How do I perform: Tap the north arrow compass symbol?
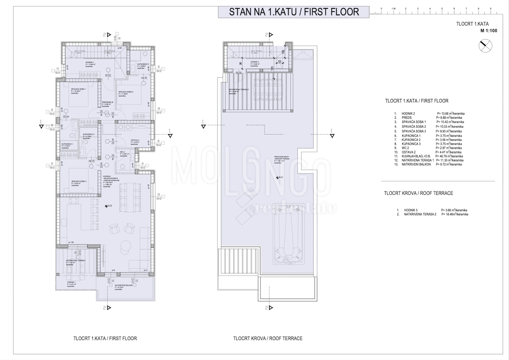click(x=485, y=45)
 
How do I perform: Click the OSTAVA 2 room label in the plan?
click(x=135, y=140)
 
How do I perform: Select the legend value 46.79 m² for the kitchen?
click(x=450, y=156)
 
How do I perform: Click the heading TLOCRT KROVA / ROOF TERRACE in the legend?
click(x=418, y=193)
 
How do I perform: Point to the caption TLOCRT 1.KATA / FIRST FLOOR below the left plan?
click(x=105, y=339)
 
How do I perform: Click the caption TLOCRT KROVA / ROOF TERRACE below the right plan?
click(x=268, y=339)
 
